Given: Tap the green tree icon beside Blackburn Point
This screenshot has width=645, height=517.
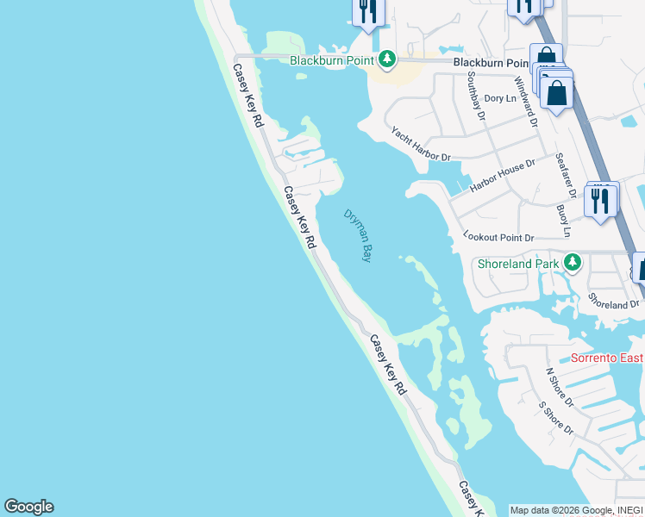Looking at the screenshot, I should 388,59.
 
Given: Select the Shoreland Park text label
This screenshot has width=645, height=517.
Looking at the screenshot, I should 519,263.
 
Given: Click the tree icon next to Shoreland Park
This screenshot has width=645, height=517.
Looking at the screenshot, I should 572,262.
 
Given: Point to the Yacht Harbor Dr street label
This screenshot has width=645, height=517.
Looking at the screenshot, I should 421,144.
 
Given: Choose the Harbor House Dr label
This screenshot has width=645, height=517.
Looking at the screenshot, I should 502,175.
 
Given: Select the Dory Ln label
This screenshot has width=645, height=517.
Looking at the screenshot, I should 499,98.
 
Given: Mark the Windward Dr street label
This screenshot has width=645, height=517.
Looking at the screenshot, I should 527,102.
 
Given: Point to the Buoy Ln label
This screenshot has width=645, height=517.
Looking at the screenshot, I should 563,221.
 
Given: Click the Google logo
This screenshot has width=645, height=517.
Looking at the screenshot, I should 28,507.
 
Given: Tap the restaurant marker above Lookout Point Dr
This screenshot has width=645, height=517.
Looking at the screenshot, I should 600,200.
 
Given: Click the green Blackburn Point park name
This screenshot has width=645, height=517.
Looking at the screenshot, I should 332,60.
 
